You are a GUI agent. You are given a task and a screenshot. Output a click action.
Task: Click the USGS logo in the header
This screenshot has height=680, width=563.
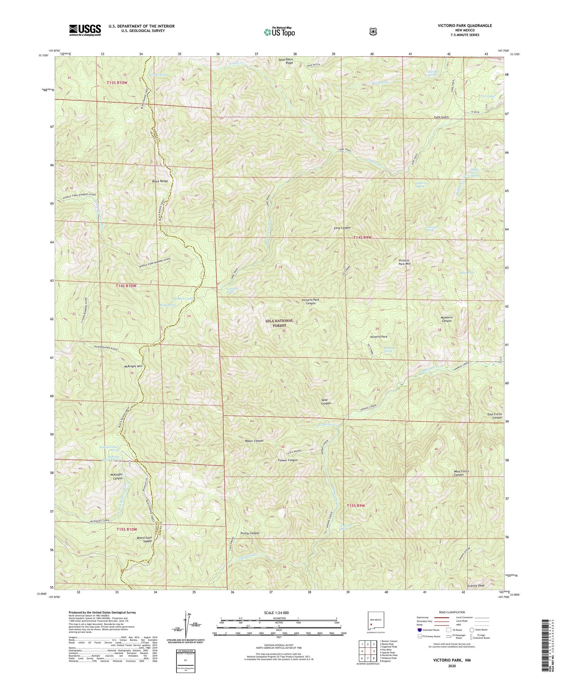pyautogui.click(x=85, y=30)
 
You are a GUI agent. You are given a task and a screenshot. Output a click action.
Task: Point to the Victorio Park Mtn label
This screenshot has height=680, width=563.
pyautogui.click(x=404, y=262)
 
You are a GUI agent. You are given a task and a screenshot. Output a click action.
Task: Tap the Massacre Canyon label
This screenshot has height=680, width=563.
pyautogui.click(x=446, y=319)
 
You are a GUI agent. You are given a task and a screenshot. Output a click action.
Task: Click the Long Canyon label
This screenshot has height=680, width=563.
pyautogui.click(x=342, y=228)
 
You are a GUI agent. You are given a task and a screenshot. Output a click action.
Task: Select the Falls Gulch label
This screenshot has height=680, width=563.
pyautogui.click(x=439, y=117)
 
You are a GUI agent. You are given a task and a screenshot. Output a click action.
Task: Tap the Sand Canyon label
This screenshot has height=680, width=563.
pyautogui.click(x=326, y=402)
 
